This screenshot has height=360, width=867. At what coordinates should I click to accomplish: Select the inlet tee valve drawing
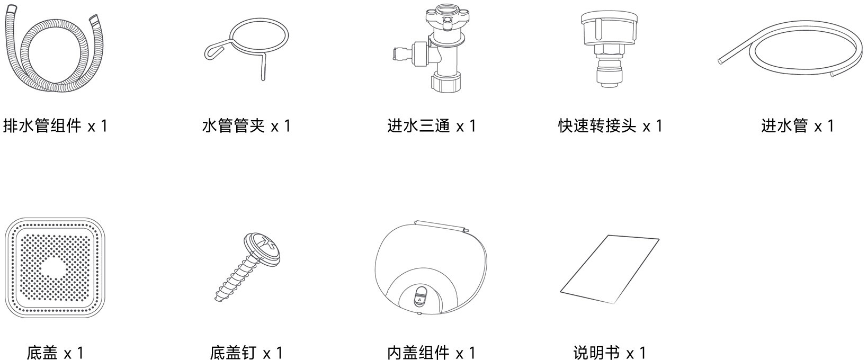click(x=445, y=50)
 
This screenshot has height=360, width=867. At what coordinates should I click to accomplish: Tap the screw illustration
click(x=248, y=267)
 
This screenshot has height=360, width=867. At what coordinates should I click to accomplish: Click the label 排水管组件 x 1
click(x=55, y=126)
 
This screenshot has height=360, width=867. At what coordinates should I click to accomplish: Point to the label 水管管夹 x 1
click(x=246, y=126)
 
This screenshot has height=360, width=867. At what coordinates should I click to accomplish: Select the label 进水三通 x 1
click(x=432, y=126)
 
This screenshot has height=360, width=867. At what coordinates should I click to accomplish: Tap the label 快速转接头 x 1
click(x=610, y=126)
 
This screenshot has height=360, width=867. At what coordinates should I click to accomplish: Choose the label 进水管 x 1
click(x=798, y=126)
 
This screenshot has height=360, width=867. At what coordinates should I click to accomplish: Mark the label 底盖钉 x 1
click(x=246, y=353)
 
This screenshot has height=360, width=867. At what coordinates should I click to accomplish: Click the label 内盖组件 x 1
click(x=431, y=353)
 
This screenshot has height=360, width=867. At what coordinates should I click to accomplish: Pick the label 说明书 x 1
click(x=610, y=353)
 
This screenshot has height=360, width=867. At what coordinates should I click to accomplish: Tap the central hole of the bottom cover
click(x=55, y=267)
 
